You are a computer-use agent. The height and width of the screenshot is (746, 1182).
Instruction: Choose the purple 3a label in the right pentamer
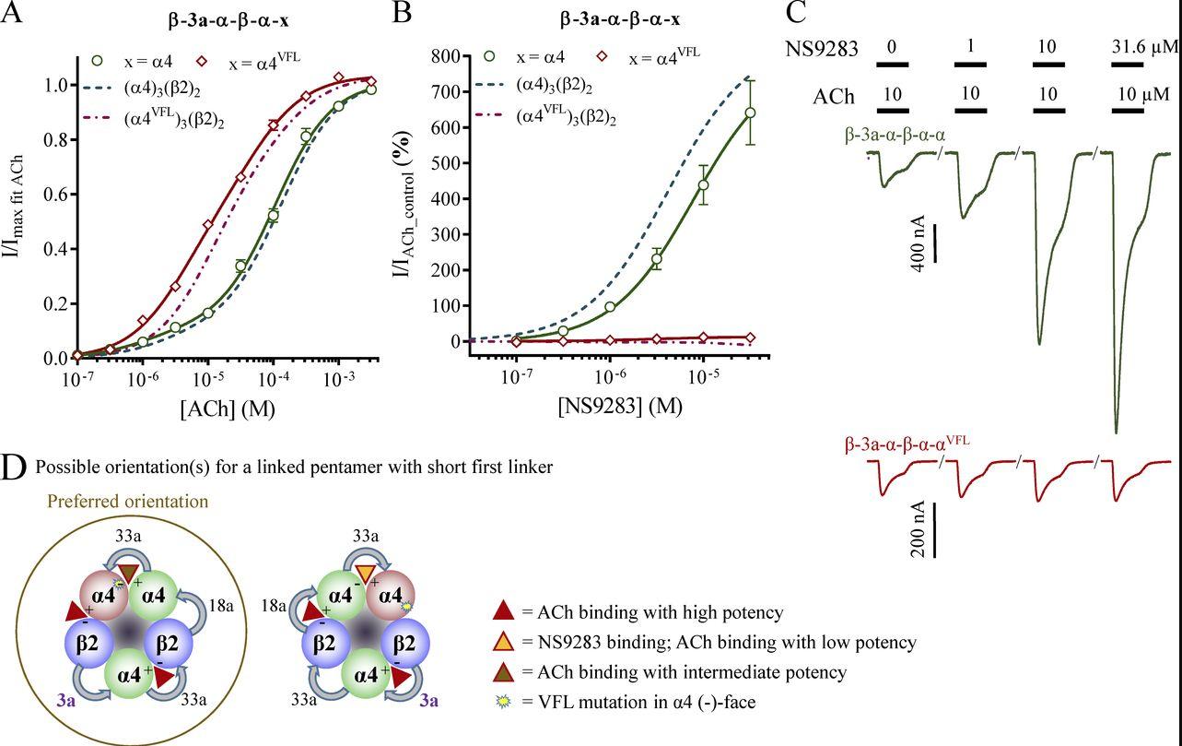[428, 701]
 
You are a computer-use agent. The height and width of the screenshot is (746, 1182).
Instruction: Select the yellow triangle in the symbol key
[503, 642]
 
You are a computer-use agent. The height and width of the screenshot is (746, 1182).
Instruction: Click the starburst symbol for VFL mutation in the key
[503, 703]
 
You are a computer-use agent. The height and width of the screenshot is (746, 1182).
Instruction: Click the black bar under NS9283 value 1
[970, 65]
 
